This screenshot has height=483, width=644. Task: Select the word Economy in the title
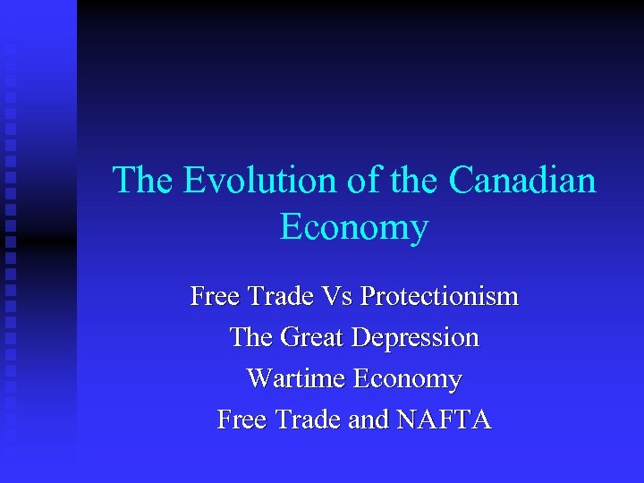point(354,227)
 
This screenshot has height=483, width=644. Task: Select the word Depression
point(416,338)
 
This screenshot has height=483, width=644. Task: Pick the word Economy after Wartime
point(407,379)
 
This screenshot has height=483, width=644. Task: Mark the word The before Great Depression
point(251,337)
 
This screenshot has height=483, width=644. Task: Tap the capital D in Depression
point(360,337)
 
